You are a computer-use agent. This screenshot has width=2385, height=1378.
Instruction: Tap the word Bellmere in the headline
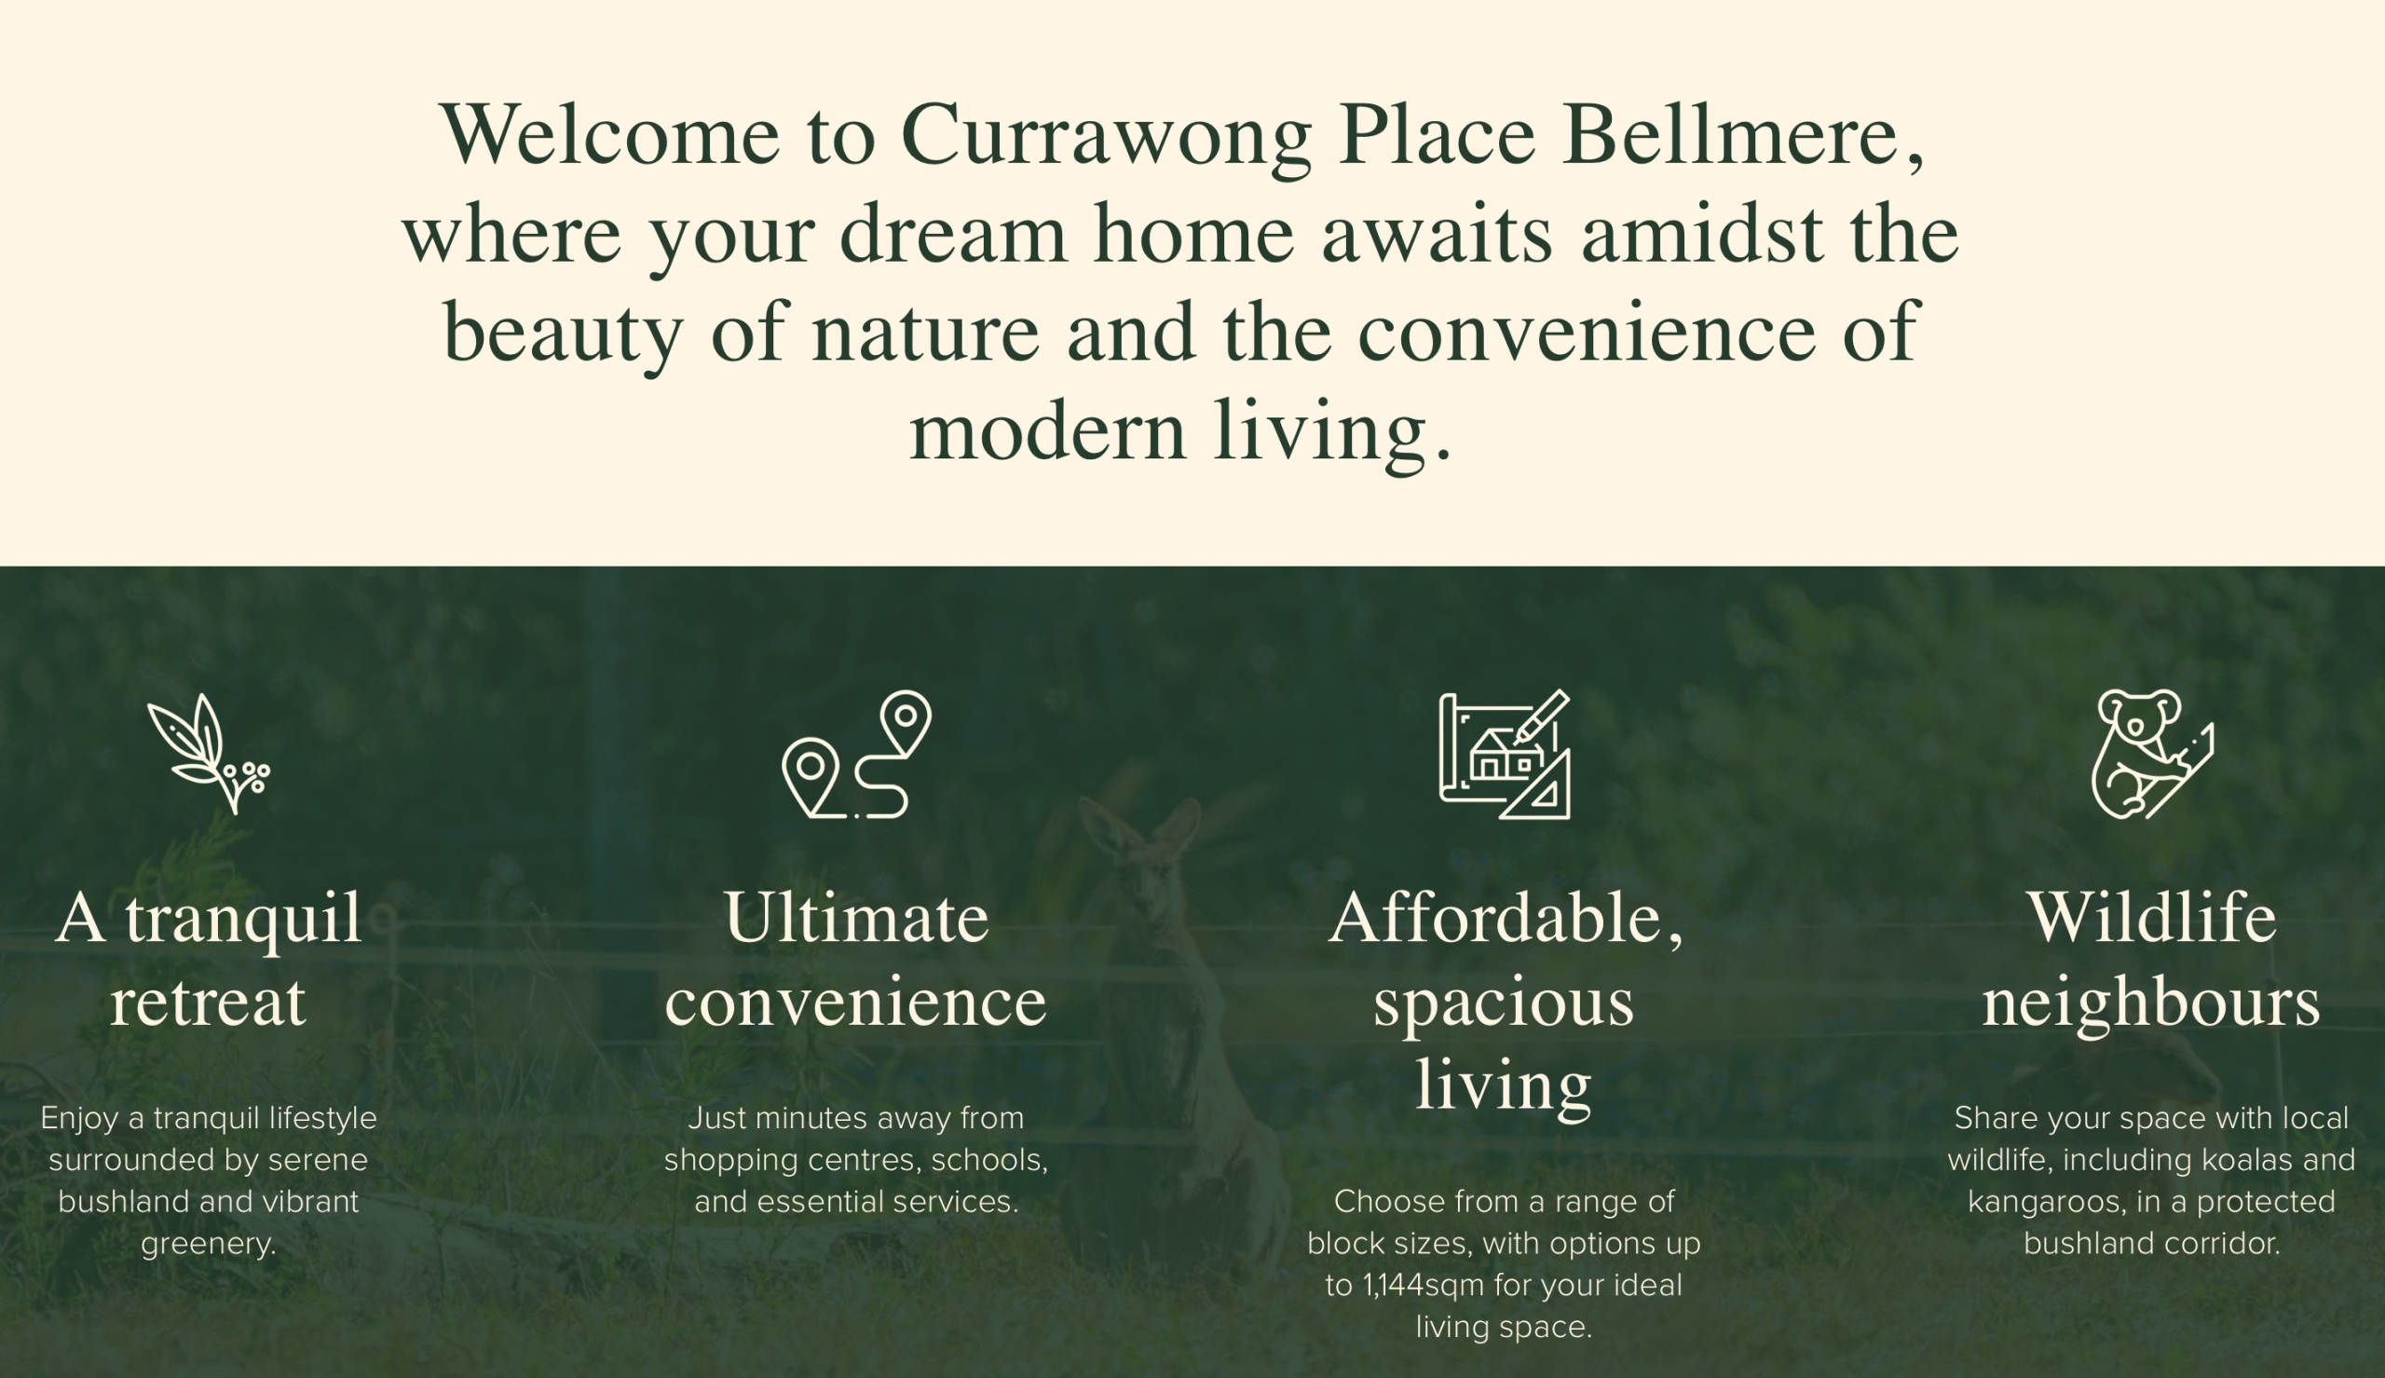click(x=1730, y=134)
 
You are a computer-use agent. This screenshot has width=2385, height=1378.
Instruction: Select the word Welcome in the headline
click(x=610, y=134)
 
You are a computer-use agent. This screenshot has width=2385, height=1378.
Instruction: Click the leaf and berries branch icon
click(x=209, y=755)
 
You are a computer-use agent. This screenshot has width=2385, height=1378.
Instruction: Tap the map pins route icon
click(x=857, y=755)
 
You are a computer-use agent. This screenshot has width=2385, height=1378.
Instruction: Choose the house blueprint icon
click(x=1505, y=755)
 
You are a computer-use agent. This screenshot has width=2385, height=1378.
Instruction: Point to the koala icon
click(x=2151, y=755)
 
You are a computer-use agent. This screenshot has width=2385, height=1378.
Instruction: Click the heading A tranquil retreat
click(x=209, y=959)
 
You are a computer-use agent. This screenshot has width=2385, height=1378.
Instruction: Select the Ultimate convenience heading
click(x=856, y=959)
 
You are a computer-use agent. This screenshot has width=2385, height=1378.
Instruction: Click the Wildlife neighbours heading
click(x=2151, y=959)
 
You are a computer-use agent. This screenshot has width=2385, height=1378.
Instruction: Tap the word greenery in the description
click(x=208, y=1245)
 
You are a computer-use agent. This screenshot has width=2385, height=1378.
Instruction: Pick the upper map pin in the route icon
click(x=906, y=721)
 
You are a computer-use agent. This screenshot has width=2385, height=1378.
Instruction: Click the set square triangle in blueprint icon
click(x=1537, y=785)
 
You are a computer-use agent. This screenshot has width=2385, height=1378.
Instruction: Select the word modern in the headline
click(x=1047, y=431)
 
